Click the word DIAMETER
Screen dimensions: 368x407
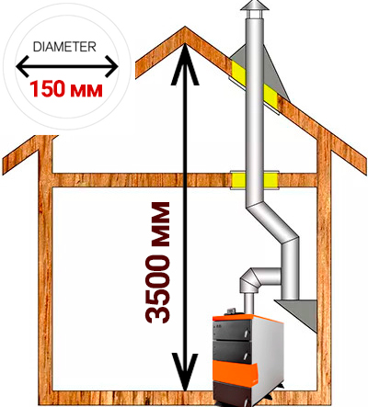[64, 47]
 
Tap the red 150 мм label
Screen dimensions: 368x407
[66, 89]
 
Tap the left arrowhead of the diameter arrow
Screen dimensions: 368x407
[23, 66]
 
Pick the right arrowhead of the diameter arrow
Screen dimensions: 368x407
[111, 66]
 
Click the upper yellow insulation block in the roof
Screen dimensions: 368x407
[238, 73]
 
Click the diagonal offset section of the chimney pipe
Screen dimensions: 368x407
[272, 223]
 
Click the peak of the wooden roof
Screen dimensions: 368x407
[185, 28]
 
